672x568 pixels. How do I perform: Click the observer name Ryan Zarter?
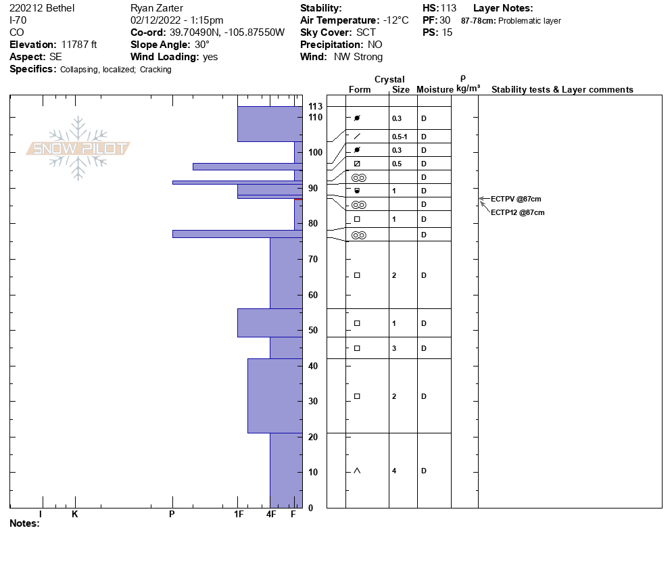click(156, 8)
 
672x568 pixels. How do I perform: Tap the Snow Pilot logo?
click(78, 148)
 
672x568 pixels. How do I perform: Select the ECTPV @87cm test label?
click(516, 199)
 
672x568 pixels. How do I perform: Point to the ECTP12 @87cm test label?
click(517, 212)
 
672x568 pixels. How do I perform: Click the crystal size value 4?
click(394, 471)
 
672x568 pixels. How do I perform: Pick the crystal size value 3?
click(394, 348)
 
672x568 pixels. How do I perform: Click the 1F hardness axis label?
click(239, 515)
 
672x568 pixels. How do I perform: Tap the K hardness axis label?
click(75, 515)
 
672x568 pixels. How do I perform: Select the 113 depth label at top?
click(315, 107)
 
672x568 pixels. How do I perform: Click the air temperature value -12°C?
click(395, 20)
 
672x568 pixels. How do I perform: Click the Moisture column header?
click(435, 90)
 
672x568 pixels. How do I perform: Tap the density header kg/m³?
click(468, 89)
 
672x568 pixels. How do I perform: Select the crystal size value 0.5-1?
click(400, 137)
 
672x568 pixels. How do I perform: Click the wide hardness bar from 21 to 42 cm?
click(274, 396)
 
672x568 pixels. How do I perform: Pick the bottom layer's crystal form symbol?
click(357, 471)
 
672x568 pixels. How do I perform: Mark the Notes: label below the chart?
click(24, 523)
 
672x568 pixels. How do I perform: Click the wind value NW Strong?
click(358, 57)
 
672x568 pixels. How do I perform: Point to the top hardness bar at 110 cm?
click(270, 124)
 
